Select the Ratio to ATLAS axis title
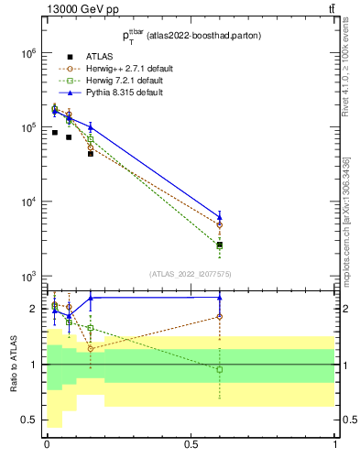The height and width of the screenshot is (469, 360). [15, 364]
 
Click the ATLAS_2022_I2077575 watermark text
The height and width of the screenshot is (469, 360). [190, 274]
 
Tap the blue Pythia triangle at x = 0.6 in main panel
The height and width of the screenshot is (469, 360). [220, 217]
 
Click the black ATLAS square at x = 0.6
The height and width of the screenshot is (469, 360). [220, 245]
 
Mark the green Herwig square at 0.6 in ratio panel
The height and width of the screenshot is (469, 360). [220, 369]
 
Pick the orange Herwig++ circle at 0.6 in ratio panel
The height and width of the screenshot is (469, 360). [220, 317]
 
